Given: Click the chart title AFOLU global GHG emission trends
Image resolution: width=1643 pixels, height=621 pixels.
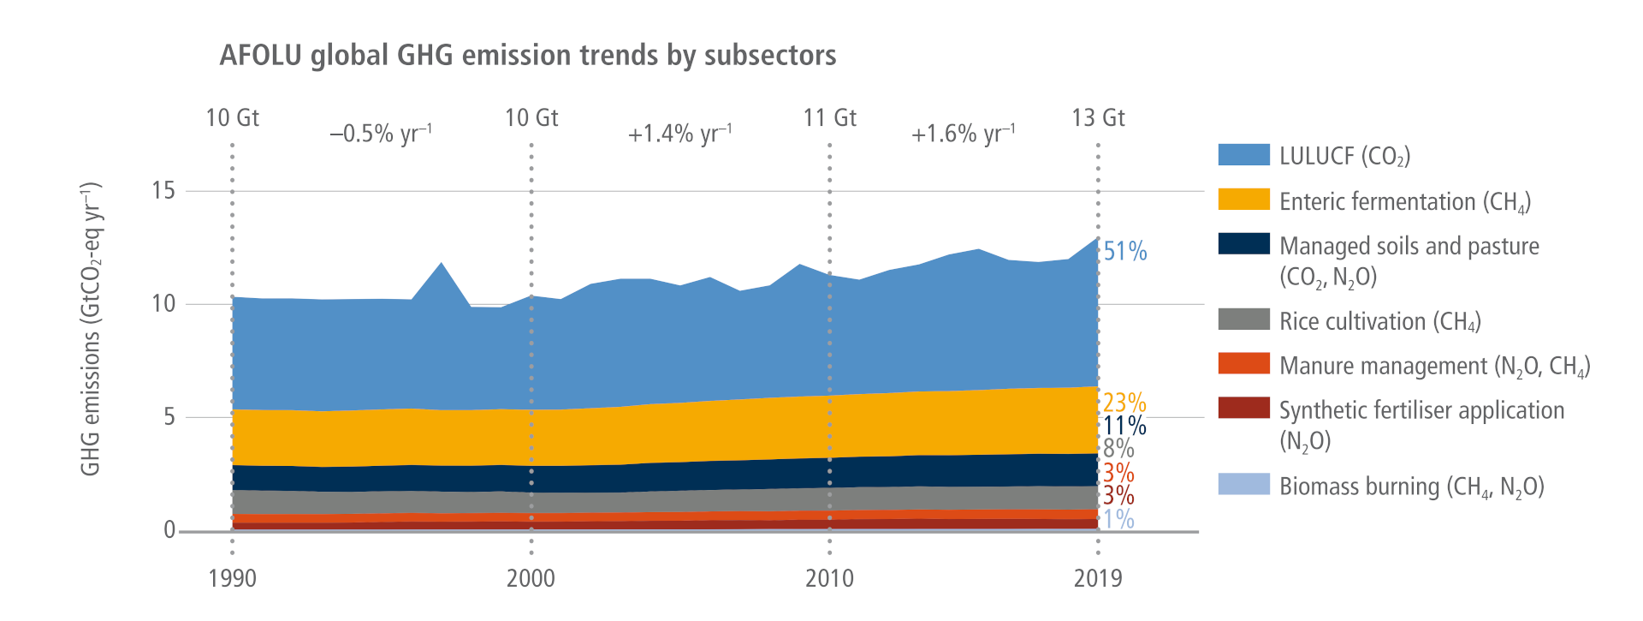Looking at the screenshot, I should pyautogui.click(x=527, y=56).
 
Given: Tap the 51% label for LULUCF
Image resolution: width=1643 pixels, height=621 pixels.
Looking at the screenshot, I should pyautogui.click(x=1124, y=252).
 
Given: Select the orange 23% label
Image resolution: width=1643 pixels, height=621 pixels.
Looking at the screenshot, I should pyautogui.click(x=1124, y=402).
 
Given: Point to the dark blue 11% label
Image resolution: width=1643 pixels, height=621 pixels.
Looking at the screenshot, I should pyautogui.click(x=1124, y=426).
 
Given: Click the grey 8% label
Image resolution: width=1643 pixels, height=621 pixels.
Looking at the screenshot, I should pyautogui.click(x=1118, y=449).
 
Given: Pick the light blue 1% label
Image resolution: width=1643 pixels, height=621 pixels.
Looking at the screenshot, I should pyautogui.click(x=1118, y=519).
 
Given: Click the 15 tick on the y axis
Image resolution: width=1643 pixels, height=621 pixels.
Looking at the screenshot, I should pyautogui.click(x=163, y=190).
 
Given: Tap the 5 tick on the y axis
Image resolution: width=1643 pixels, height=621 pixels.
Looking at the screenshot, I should pyautogui.click(x=169, y=417).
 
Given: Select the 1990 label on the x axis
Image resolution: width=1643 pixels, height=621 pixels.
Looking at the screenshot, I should pyautogui.click(x=232, y=579).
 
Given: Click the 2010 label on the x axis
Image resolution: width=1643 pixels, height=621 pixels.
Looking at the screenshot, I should pyautogui.click(x=829, y=579).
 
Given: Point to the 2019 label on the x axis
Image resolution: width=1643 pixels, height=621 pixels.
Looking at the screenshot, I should pyautogui.click(x=1098, y=579).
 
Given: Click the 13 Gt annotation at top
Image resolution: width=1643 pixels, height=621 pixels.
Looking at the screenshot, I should pyautogui.click(x=1098, y=118).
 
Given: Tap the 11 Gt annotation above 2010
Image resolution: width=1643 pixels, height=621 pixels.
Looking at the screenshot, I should pyautogui.click(x=829, y=118).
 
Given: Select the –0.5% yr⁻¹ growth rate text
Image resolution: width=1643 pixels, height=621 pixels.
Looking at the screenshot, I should pyautogui.click(x=381, y=134).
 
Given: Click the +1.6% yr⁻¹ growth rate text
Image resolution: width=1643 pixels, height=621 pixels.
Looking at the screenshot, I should pyautogui.click(x=963, y=134).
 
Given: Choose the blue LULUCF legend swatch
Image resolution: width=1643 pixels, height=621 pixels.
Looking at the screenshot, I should pyautogui.click(x=1243, y=155).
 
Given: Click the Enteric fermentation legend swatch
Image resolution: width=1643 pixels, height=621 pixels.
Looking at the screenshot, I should pyautogui.click(x=1243, y=200).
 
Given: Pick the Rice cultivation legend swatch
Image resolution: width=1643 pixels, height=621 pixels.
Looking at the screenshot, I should pyautogui.click(x=1243, y=319).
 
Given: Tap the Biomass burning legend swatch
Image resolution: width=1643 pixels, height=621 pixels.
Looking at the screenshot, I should pyautogui.click(x=1243, y=484).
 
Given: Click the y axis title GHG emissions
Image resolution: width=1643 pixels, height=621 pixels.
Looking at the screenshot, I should pyautogui.click(x=91, y=329).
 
